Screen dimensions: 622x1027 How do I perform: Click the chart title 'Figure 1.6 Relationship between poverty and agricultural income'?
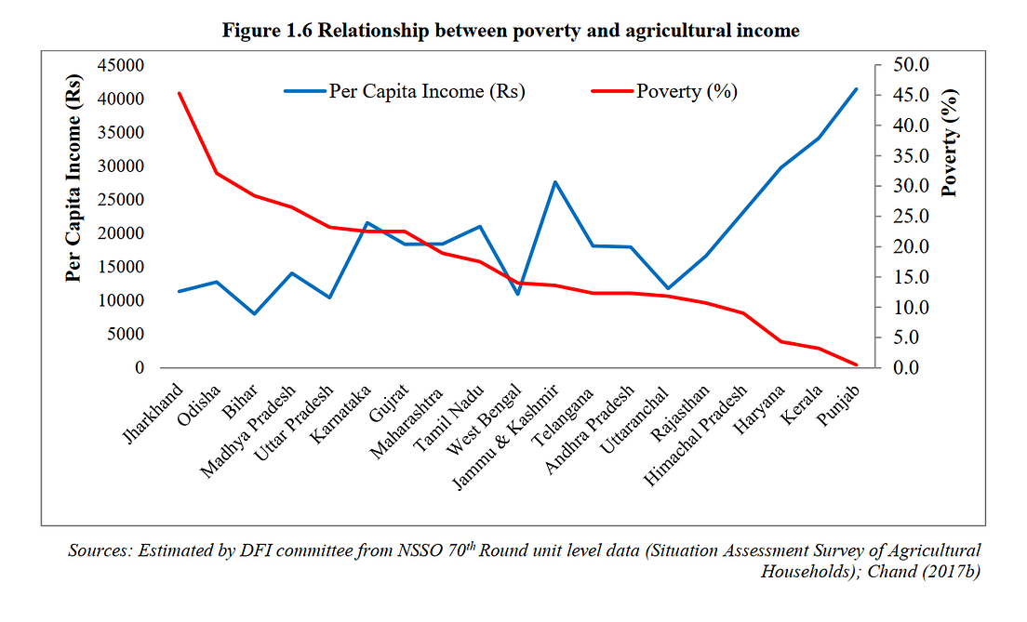click(511, 30)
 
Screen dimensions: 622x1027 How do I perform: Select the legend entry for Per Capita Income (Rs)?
click(405, 91)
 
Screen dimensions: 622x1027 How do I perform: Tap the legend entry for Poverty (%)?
click(664, 91)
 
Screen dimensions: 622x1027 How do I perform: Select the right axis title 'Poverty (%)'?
click(950, 141)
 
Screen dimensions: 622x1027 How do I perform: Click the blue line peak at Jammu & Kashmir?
click(554, 182)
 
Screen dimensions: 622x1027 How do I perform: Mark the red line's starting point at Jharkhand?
click(180, 93)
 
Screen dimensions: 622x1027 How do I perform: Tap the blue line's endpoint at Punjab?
click(856, 89)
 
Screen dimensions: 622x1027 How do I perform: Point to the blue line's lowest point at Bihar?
click(255, 313)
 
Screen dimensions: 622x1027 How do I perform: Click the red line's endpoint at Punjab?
click(856, 364)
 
